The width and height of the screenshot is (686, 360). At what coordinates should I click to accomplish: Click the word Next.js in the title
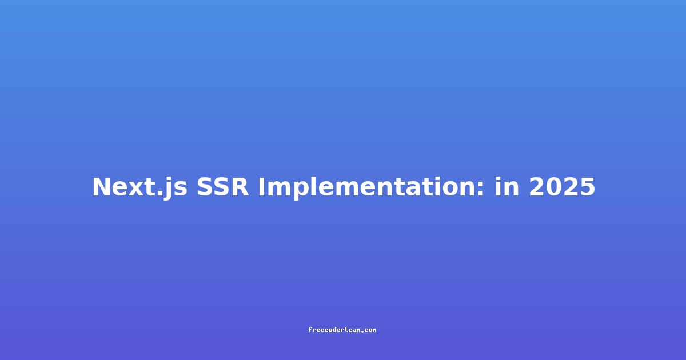139,187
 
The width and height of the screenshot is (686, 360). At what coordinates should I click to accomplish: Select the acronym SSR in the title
222,187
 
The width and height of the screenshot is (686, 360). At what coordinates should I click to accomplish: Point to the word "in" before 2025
507,187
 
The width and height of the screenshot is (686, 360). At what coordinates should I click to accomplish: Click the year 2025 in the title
562,187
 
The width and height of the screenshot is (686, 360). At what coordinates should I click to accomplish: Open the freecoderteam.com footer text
342,330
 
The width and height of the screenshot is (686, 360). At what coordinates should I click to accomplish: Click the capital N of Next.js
101,187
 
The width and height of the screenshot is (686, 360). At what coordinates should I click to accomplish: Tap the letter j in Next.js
167,189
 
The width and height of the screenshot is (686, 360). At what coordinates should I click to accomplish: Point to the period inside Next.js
159,194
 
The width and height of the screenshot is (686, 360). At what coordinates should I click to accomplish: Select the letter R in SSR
240,187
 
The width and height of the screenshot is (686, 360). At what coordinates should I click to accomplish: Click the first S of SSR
205,187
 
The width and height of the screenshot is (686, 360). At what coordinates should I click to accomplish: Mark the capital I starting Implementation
261,187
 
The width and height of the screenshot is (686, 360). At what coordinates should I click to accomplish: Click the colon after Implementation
481,189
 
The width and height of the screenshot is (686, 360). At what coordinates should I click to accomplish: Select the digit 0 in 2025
554,187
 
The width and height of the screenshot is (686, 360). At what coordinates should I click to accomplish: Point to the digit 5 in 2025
588,187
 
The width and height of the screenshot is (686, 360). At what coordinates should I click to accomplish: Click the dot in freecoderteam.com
362,332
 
